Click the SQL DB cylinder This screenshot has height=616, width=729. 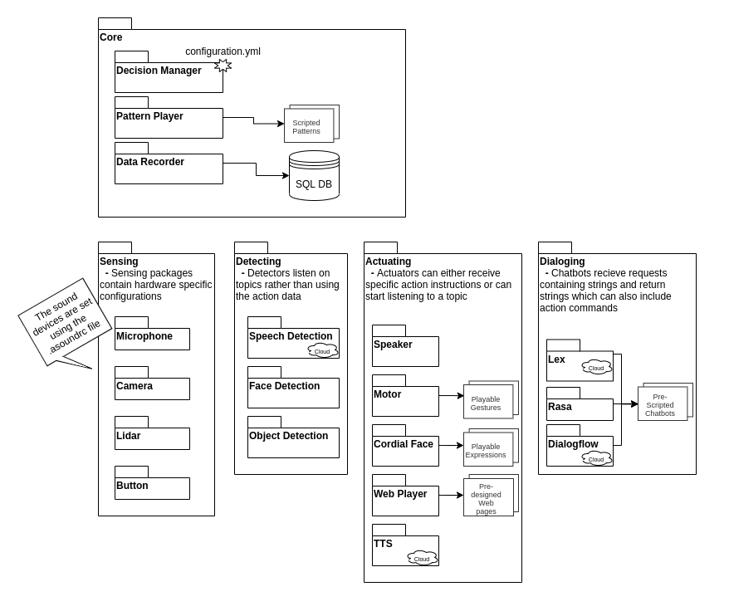click(x=314, y=175)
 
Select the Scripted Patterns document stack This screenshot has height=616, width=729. click(x=311, y=124)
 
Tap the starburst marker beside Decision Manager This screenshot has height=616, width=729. click(x=223, y=66)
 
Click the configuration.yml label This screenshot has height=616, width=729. click(x=223, y=51)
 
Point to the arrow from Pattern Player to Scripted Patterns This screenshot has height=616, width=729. click(x=253, y=121)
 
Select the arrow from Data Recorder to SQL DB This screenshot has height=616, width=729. click(x=257, y=169)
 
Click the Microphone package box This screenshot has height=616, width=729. click(x=152, y=334)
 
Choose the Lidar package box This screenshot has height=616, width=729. click(x=152, y=433)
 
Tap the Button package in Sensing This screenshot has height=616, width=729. click(x=152, y=482)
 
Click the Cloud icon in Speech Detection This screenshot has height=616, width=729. click(x=322, y=351)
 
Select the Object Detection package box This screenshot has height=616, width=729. click(x=293, y=437)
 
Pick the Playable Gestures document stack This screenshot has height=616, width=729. click(x=491, y=400)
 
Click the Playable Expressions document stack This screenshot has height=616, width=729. click(x=491, y=447)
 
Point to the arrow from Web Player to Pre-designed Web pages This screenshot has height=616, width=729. click(x=451, y=495)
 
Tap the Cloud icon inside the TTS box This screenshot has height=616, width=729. click(x=422, y=559)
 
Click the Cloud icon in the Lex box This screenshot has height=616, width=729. click(x=596, y=368)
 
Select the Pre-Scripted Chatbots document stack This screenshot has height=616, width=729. click(x=665, y=402)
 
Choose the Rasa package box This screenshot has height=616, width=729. click(x=580, y=404)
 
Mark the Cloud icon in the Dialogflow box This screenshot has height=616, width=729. click(x=596, y=459)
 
